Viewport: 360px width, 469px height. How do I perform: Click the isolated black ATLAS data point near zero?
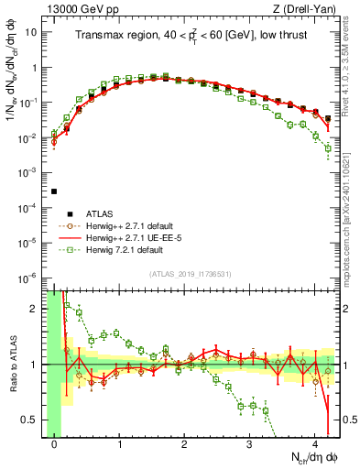pyautogui.click(x=54, y=191)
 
